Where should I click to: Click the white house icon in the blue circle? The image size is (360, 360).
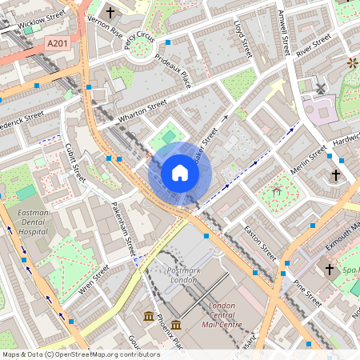180,172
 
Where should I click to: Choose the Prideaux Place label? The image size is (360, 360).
173,78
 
